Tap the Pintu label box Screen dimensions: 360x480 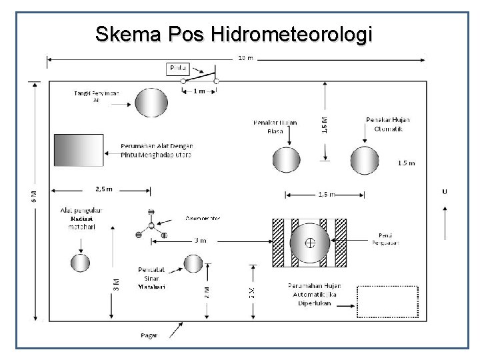point(178,68)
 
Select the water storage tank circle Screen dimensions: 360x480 point(152,103)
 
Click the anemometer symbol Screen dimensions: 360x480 point(151,225)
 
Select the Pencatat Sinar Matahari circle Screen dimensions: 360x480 point(194,263)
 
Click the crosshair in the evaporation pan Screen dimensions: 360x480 point(310,243)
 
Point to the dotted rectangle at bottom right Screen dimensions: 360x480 point(388,303)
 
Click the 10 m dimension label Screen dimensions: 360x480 point(245,58)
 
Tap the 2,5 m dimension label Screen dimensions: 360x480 point(104,189)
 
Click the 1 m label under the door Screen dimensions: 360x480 point(199,91)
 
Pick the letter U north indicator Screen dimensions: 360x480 point(444,191)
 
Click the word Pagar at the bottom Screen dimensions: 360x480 point(149,335)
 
